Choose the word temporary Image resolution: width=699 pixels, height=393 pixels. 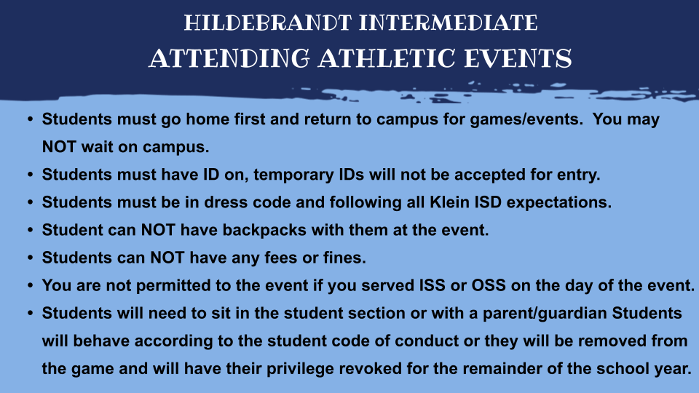[287, 175]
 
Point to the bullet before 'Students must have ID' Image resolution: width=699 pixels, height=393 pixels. [30, 175]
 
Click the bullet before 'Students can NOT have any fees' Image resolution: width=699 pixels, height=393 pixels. [30, 258]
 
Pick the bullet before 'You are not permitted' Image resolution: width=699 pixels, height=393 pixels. [30, 285]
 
